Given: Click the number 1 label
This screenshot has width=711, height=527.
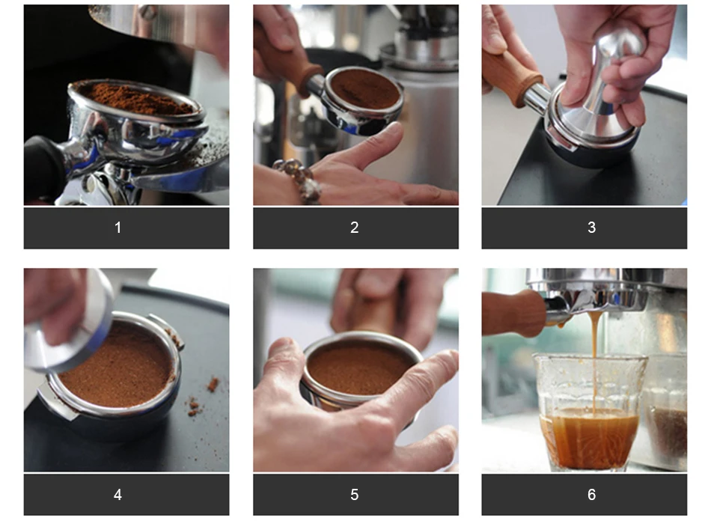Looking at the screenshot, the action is (118, 228).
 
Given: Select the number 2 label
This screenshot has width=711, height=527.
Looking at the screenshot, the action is (355, 228).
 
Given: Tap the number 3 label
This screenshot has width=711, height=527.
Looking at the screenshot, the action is (591, 228).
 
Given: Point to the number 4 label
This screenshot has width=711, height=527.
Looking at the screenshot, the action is (118, 494).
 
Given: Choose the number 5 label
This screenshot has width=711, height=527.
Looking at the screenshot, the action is (355, 494).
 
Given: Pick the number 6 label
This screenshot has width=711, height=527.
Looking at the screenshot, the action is (591, 494).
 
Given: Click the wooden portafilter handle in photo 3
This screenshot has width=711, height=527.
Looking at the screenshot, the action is (513, 78).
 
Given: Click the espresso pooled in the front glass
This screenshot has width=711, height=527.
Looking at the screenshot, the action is (590, 438).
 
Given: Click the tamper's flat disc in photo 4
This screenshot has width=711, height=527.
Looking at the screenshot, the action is (68, 324).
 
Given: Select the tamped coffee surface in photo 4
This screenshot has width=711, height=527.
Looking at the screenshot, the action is (119, 368).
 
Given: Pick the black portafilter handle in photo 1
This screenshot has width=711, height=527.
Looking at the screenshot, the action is (44, 168).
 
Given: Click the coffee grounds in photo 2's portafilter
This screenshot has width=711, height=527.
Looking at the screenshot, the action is (365, 89).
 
